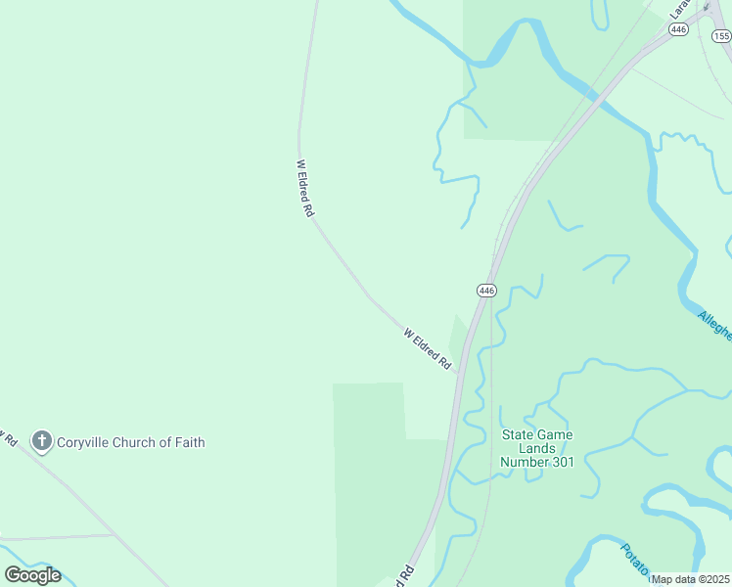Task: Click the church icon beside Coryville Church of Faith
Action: [x=41, y=441]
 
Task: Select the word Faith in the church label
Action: [x=187, y=442]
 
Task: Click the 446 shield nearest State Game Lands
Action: [x=487, y=290]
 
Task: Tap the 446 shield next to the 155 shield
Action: [x=678, y=30]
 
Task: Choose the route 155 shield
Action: [x=721, y=36]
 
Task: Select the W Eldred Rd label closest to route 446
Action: [x=429, y=348]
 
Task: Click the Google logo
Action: [x=32, y=575]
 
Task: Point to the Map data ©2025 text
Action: [x=691, y=579]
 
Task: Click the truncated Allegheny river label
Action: [x=715, y=324]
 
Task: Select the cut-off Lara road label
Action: [x=679, y=9]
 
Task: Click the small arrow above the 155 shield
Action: [x=709, y=6]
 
